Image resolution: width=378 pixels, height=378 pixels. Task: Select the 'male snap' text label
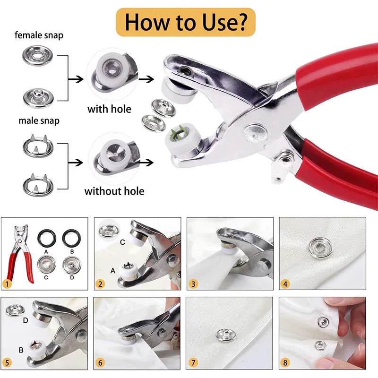point(39,120)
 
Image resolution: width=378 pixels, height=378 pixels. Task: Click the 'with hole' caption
point(109,109)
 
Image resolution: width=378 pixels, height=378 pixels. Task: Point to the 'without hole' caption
point(114,191)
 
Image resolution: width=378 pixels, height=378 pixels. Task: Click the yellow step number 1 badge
point(7,283)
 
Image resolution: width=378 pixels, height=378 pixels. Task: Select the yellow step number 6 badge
point(99,363)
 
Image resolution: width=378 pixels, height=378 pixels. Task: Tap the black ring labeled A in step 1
point(46,235)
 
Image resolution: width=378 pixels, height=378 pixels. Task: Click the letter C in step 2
point(122,242)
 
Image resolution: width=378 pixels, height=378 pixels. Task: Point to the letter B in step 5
point(20,351)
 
